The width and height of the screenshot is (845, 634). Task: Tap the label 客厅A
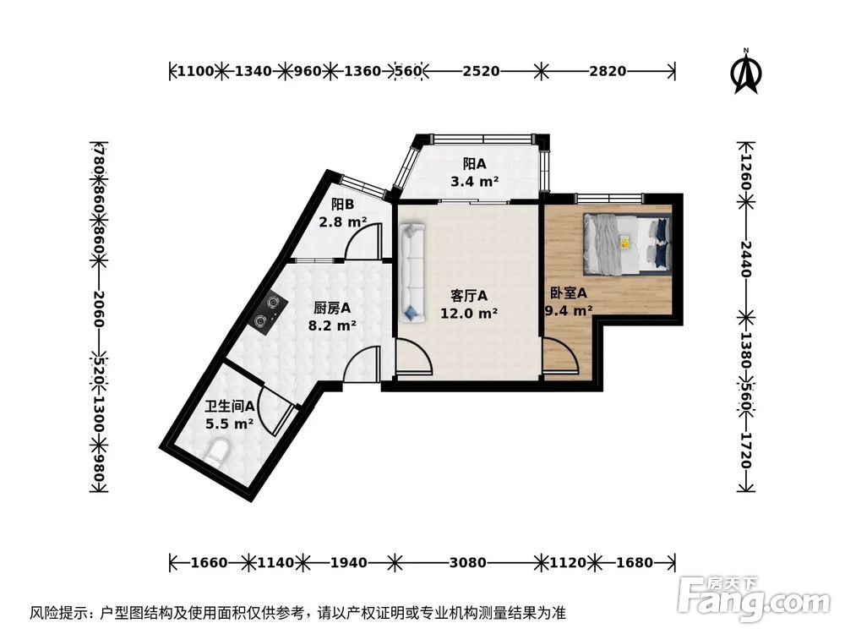pyautogui.click(x=469, y=296)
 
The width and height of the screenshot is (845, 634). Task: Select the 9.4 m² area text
pyautogui.click(x=569, y=310)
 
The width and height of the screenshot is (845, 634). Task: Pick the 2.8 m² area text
pyautogui.click(x=343, y=222)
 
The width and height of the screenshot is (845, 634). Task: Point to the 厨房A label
pyautogui.click(x=333, y=308)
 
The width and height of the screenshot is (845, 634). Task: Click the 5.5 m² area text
pyautogui.click(x=230, y=424)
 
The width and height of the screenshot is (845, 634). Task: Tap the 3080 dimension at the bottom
pyautogui.click(x=467, y=561)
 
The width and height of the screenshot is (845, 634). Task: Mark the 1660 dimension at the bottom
pyautogui.click(x=206, y=561)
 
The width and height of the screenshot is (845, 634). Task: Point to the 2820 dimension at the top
pyautogui.click(x=608, y=71)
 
